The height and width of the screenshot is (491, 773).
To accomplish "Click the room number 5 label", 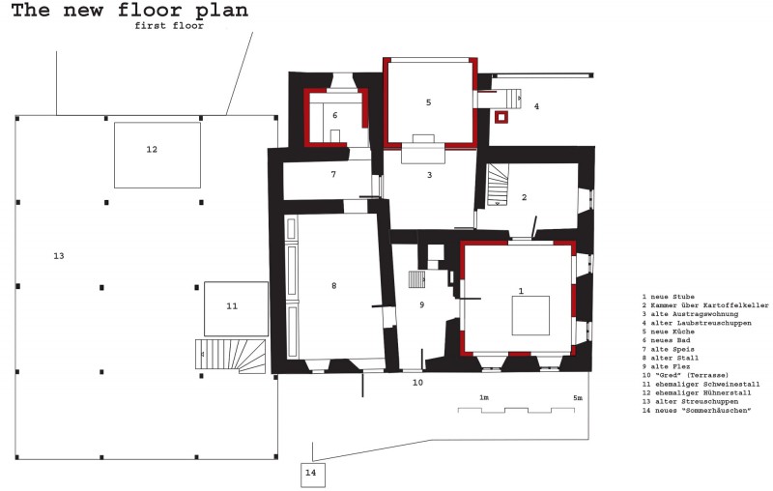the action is pyautogui.click(x=428, y=102).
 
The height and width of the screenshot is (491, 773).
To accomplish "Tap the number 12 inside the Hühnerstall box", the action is pyautogui.click(x=152, y=150).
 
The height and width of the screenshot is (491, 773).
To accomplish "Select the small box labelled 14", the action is pyautogui.click(x=313, y=476).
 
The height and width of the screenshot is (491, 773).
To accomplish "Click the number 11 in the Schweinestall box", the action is pyautogui.click(x=232, y=306).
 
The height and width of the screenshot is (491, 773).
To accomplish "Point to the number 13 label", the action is pyautogui.click(x=59, y=256).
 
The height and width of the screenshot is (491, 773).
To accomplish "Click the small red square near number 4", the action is pyautogui.click(x=501, y=117).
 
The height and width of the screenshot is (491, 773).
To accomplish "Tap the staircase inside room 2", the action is pyautogui.click(x=498, y=185).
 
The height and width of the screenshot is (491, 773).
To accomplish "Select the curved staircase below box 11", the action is pyautogui.click(x=230, y=356).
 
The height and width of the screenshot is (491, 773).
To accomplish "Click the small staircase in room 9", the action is pyautogui.click(x=417, y=280).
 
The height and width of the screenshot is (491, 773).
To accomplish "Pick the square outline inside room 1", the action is pyautogui.click(x=530, y=315).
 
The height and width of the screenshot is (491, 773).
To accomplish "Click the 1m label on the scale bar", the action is pyautogui.click(x=484, y=398).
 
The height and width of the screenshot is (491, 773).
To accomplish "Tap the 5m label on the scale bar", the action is pyautogui.click(x=577, y=398).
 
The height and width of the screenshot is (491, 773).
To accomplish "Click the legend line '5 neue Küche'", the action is pyautogui.click(x=668, y=332).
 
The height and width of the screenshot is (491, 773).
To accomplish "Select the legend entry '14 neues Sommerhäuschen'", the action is pyautogui.click(x=696, y=411).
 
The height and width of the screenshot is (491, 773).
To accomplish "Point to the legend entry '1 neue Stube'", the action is pyautogui.click(x=668, y=297).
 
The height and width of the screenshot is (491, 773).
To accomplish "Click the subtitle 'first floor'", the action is pyautogui.click(x=169, y=26).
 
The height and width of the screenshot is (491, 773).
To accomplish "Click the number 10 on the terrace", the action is pyautogui.click(x=417, y=383).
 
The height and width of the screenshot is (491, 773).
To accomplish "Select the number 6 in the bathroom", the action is pyautogui.click(x=335, y=115).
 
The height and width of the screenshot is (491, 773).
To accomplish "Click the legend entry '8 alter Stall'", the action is pyautogui.click(x=671, y=358).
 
